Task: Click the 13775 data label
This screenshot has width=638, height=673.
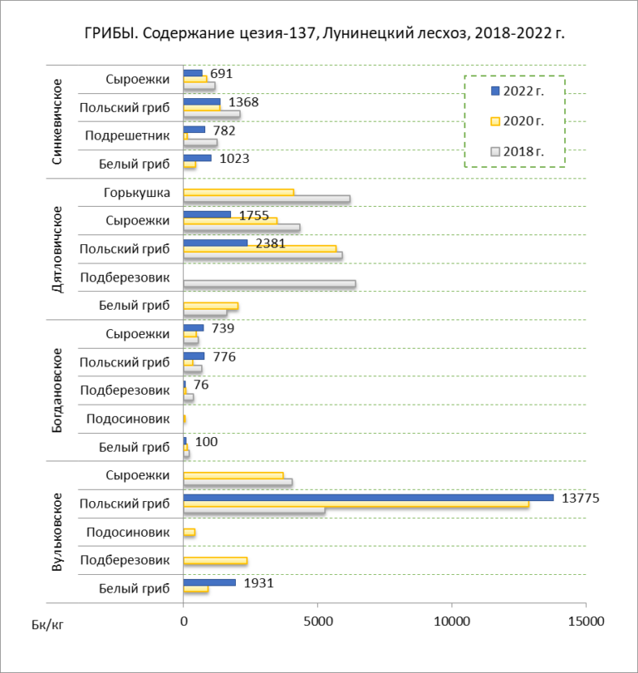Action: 580,498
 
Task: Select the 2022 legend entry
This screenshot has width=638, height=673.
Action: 518,91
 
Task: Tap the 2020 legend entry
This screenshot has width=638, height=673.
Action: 518,121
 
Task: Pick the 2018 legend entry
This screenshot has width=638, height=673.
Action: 518,151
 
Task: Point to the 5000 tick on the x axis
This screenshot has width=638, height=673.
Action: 318,621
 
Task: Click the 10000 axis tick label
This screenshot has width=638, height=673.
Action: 452,621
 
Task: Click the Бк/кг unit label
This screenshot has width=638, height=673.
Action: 47,625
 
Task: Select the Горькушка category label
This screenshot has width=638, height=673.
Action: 137,193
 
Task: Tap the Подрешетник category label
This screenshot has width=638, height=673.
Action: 127,135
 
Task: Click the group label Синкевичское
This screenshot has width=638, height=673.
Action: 57,121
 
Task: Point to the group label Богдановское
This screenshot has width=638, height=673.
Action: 57,391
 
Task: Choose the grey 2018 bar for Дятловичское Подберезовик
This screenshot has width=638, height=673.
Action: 269,283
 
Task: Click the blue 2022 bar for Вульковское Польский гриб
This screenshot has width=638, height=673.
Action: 369,498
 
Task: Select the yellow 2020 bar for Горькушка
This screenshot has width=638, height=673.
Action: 238,192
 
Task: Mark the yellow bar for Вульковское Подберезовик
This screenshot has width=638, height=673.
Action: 215,561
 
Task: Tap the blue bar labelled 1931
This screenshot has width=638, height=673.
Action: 209,582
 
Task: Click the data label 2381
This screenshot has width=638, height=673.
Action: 270,243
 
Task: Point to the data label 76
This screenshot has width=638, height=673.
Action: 201,385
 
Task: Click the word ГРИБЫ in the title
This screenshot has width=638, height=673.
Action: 110,33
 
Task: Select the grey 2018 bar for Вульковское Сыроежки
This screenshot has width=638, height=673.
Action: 238,482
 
